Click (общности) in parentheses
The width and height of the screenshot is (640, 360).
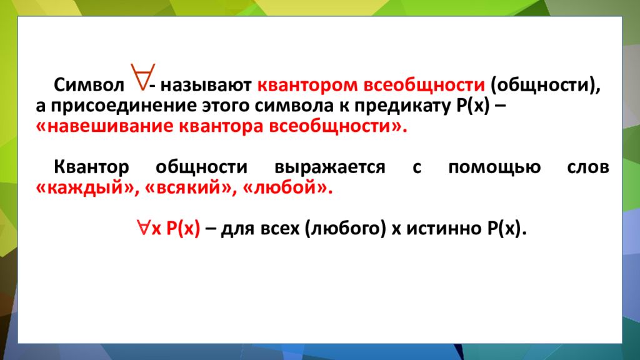(x=545, y=85)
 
